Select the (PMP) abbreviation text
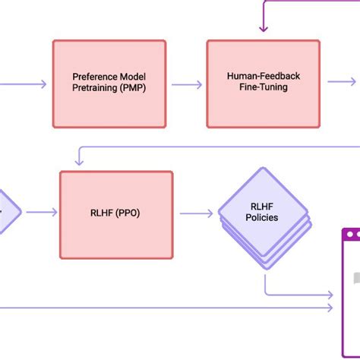point(131,88)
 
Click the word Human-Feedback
point(263,77)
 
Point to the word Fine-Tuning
point(263,88)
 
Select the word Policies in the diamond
point(263,218)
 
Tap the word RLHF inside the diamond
point(263,206)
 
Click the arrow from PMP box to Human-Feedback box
point(187,84)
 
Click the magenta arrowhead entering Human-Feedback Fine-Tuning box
point(263,29)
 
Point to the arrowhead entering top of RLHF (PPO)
point(77,162)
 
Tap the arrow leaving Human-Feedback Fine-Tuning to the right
point(340,82)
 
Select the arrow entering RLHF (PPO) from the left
point(42,212)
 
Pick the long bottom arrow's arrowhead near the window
point(330,308)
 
